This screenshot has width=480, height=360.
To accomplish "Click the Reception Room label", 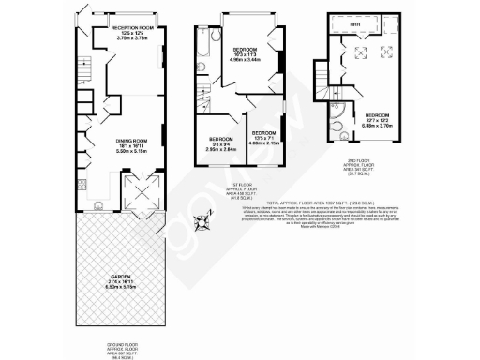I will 134,34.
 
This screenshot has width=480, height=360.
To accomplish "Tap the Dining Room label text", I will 132,143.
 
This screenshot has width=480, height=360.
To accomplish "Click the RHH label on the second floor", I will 355,25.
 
